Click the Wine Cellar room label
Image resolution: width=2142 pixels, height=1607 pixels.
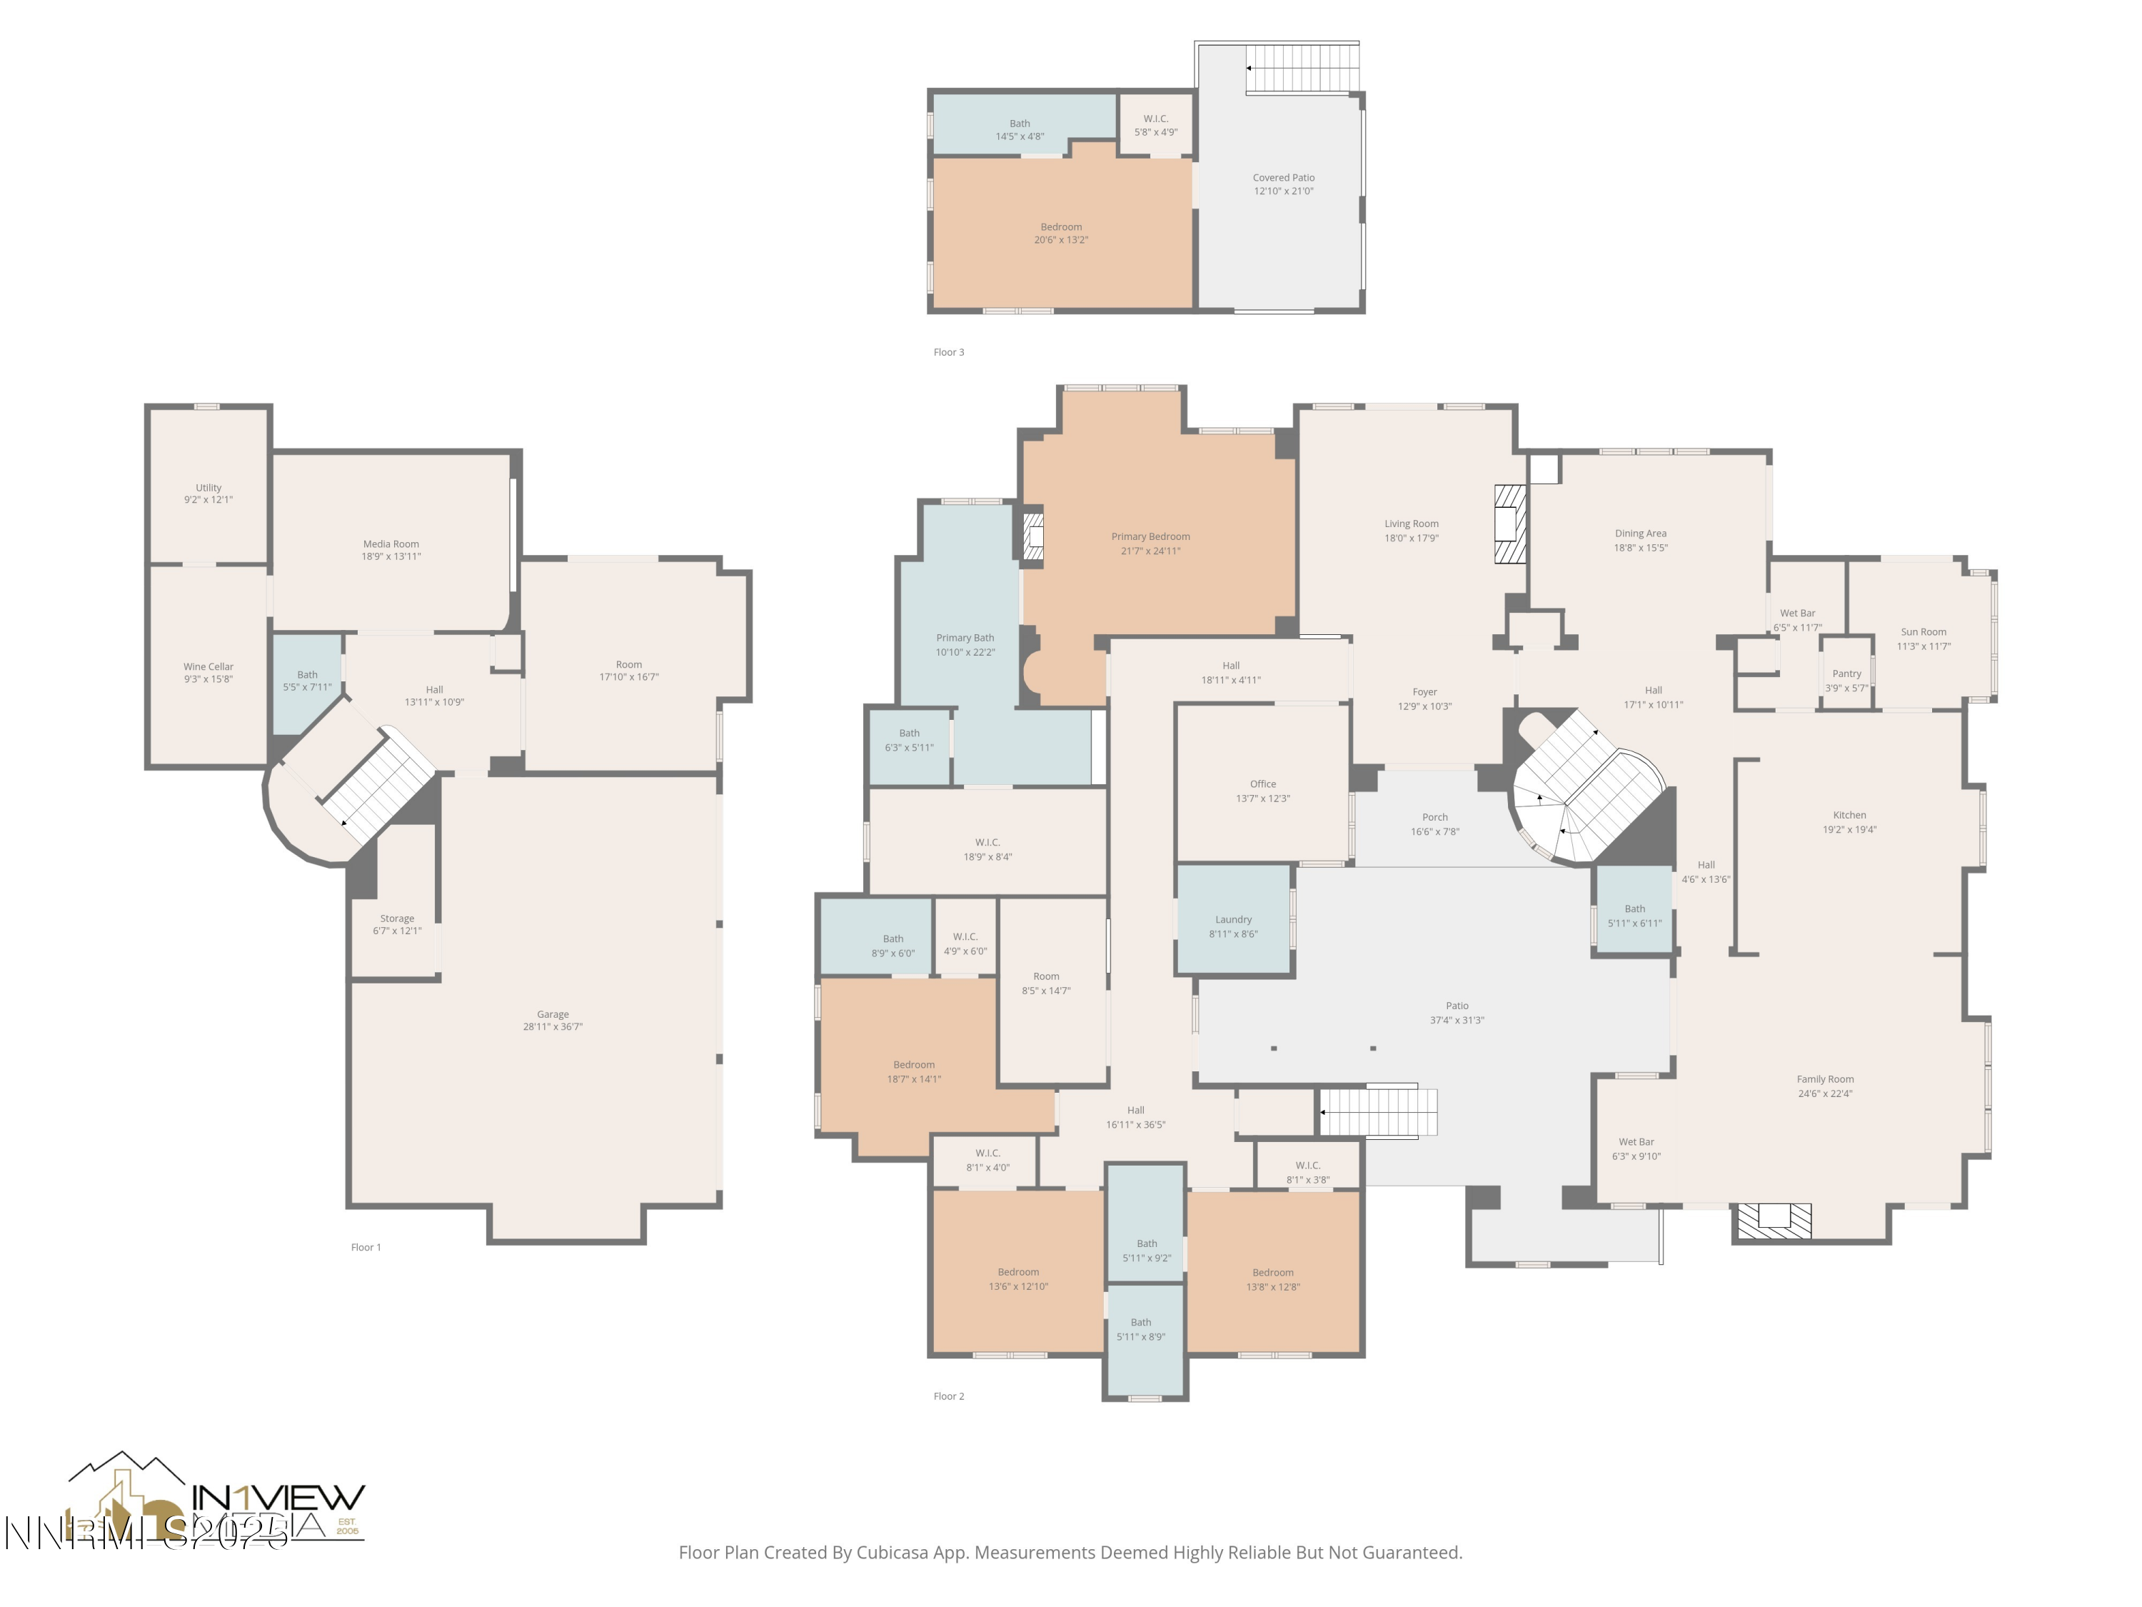[208, 666]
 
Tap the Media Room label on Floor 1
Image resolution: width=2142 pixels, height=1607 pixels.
[391, 544]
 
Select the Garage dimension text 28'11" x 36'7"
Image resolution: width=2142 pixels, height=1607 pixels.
[553, 1027]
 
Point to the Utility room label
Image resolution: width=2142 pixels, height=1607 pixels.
[208, 487]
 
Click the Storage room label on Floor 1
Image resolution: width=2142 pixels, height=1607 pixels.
[397, 918]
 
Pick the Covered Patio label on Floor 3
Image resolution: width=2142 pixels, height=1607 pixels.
[1283, 177]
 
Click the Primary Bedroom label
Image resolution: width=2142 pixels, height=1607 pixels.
[1150, 536]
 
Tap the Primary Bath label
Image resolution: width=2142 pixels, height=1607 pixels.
[965, 637]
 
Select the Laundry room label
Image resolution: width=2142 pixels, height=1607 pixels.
[1232, 919]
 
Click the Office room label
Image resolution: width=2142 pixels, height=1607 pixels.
[1263, 784]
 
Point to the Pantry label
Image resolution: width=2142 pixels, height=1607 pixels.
[1846, 674]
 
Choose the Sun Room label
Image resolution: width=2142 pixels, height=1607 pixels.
[1923, 631]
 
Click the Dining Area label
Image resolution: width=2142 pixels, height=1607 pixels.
[1640, 533]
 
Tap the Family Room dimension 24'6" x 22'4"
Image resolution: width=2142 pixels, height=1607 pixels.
[1826, 1093]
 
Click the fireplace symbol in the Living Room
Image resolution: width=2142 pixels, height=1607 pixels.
[1509, 524]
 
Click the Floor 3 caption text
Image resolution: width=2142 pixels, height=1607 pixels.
[948, 351]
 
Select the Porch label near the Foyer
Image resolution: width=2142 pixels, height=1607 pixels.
[1434, 816]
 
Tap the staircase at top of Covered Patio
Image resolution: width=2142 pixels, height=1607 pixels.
[1302, 68]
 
